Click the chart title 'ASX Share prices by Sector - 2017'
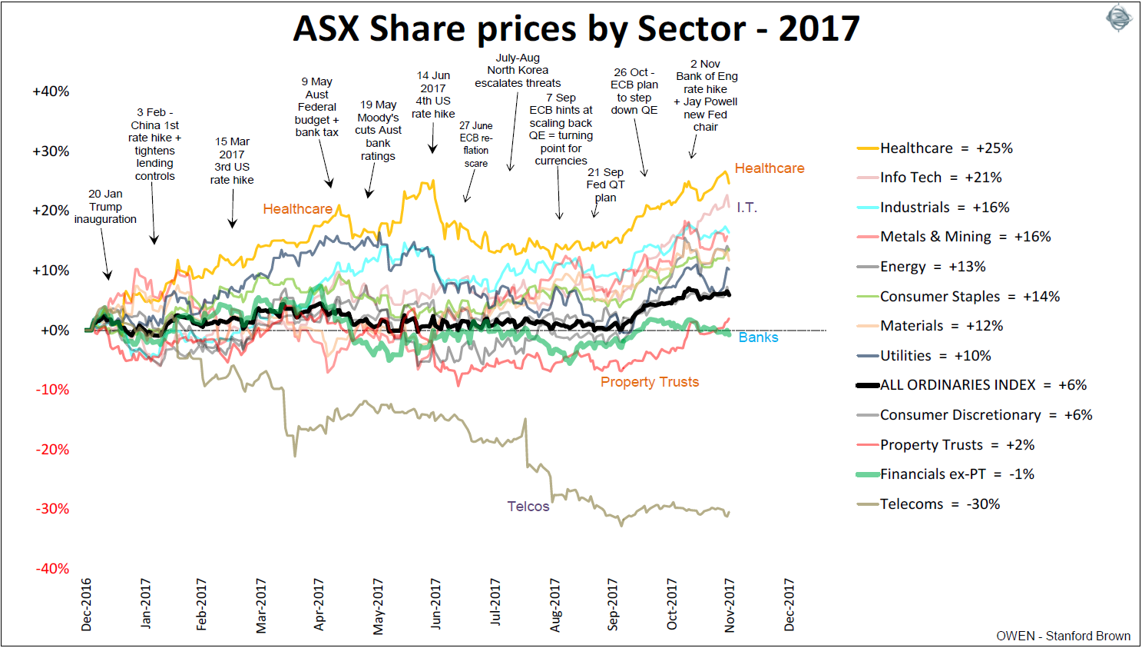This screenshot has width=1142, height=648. pyautogui.click(x=576, y=29)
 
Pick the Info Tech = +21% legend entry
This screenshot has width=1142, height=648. pyautogui.click(x=940, y=178)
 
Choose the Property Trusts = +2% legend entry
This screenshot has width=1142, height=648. pyautogui.click(x=956, y=445)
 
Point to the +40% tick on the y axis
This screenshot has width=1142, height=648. pyautogui.click(x=51, y=91)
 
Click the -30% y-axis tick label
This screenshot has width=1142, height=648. pyautogui.click(x=52, y=509)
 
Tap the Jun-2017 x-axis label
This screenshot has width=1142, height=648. pyautogui.click(x=436, y=605)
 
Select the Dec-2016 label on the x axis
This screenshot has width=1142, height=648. pyautogui.click(x=86, y=605)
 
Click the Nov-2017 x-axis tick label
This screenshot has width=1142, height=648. pyautogui.click(x=730, y=605)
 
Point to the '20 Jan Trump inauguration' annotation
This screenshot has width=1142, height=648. pyautogui.click(x=105, y=207)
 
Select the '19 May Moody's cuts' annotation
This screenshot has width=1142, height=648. pyautogui.click(x=379, y=131)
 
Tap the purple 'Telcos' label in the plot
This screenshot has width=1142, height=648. pyautogui.click(x=528, y=507)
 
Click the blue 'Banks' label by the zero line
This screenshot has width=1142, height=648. pyautogui.click(x=758, y=337)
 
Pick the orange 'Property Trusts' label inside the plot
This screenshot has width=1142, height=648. pyautogui.click(x=650, y=382)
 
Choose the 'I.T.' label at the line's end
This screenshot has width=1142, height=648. pyautogui.click(x=746, y=208)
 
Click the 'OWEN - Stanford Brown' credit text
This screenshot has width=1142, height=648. pyautogui.click(x=1063, y=636)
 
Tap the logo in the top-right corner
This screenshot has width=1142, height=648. pyautogui.click(x=1118, y=18)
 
